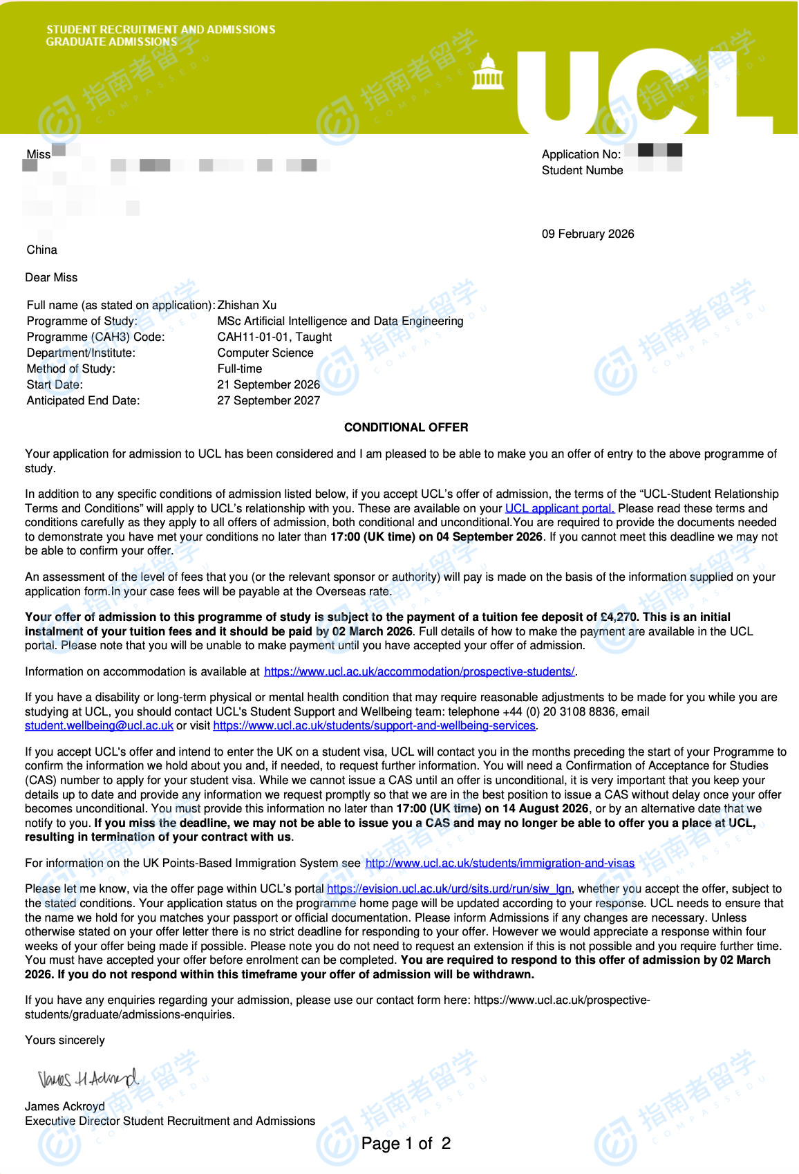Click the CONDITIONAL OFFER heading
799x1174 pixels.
pyautogui.click(x=406, y=427)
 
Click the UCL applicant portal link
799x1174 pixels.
pyautogui.click(x=559, y=508)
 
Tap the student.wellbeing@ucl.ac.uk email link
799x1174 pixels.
pyautogui.click(x=99, y=726)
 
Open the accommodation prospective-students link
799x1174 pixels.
pyautogui.click(x=419, y=671)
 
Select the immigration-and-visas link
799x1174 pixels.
pyautogui.click(x=500, y=863)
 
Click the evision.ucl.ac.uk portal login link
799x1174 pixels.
pyautogui.click(x=449, y=888)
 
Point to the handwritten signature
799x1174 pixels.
pyautogui.click(x=88, y=1078)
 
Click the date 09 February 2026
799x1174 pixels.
pyautogui.click(x=587, y=234)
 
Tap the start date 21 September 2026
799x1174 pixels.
pyautogui.click(x=268, y=384)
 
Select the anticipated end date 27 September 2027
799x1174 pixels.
pyautogui.click(x=268, y=400)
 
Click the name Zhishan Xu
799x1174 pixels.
pyautogui.click(x=247, y=305)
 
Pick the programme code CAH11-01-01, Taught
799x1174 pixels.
pyautogui.click(x=274, y=337)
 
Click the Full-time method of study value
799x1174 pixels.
pyautogui.click(x=239, y=369)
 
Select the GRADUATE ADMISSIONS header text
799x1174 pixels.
pyautogui.click(x=111, y=41)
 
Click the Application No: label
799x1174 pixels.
pyautogui.click(x=581, y=154)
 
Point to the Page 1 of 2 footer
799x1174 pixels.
pyautogui.click(x=406, y=1144)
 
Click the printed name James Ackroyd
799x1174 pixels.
pyautogui.click(x=65, y=1106)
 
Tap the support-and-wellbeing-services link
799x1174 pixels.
pyautogui.click(x=374, y=726)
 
